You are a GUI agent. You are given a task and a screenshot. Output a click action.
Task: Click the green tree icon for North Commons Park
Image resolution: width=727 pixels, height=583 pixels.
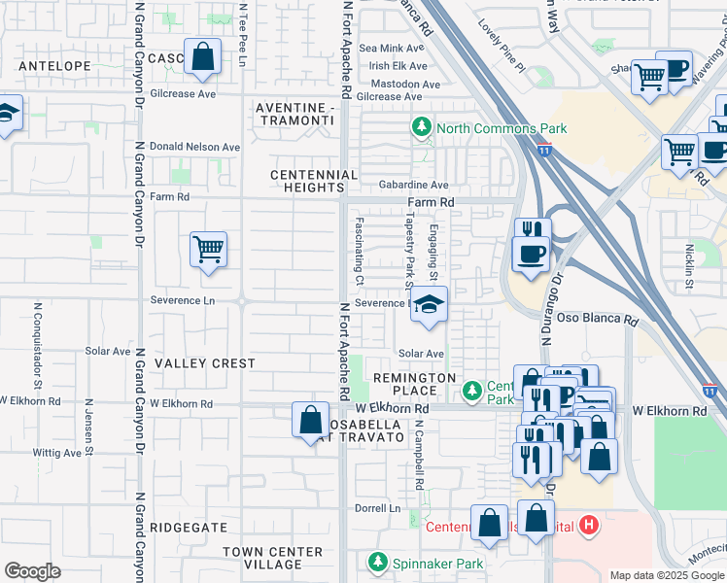point(422,127)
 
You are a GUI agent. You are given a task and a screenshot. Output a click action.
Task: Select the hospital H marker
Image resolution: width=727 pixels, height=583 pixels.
point(587,527)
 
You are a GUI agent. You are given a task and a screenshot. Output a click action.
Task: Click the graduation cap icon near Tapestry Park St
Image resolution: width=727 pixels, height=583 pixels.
point(429,305)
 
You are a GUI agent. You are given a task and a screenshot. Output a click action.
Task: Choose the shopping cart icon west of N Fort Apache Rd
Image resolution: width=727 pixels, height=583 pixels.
point(208,251)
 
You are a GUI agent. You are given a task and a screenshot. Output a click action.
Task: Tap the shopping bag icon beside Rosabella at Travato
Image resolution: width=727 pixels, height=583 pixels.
point(310,421)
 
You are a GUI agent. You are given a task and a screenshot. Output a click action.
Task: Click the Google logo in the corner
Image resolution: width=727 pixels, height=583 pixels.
point(32,571)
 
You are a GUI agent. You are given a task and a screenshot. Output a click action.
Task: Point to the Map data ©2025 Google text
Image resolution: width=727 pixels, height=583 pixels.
point(666,575)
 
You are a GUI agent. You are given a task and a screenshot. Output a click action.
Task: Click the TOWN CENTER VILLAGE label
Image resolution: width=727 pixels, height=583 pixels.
point(272,558)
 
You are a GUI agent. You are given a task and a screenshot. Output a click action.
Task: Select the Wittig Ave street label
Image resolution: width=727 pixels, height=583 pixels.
point(56,453)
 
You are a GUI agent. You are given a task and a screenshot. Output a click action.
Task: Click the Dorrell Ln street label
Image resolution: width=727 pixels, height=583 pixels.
point(377,508)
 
